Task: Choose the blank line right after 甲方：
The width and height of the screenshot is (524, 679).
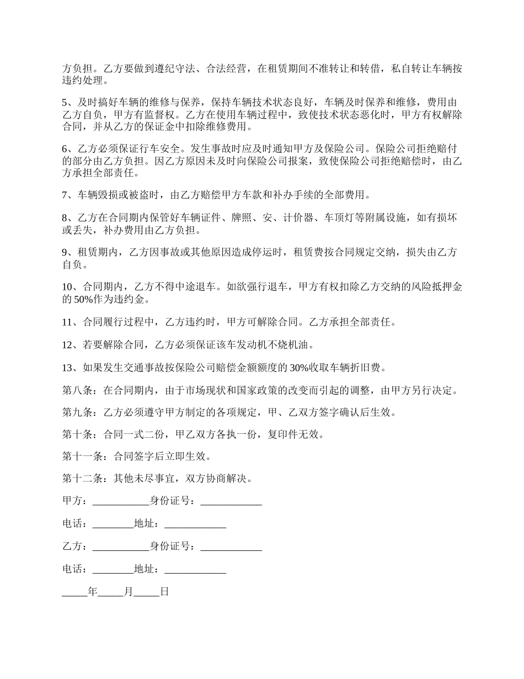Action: [x=121, y=501]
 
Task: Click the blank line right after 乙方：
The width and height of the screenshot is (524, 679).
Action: [x=121, y=547]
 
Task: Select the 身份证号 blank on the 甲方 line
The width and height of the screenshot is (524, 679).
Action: [x=231, y=501]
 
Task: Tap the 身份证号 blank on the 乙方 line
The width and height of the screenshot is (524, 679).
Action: [x=231, y=547]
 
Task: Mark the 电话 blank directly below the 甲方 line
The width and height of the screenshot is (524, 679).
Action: [x=113, y=524]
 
